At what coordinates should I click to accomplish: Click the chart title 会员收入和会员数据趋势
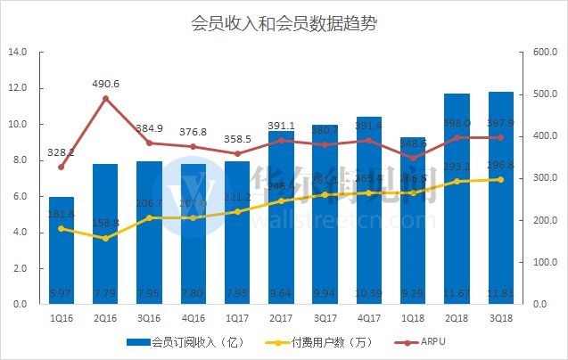point(284,24)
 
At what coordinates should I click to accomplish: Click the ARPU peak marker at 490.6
point(105,98)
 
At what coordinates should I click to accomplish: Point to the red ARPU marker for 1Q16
point(62,167)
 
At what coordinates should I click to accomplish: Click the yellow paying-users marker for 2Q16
point(105,238)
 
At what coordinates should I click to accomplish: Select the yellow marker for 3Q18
point(500,179)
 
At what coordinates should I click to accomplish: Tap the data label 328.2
point(62,152)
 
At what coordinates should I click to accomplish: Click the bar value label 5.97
point(62,292)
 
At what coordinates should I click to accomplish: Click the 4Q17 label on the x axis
point(369,316)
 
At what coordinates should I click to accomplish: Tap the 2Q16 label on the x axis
point(105,316)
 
